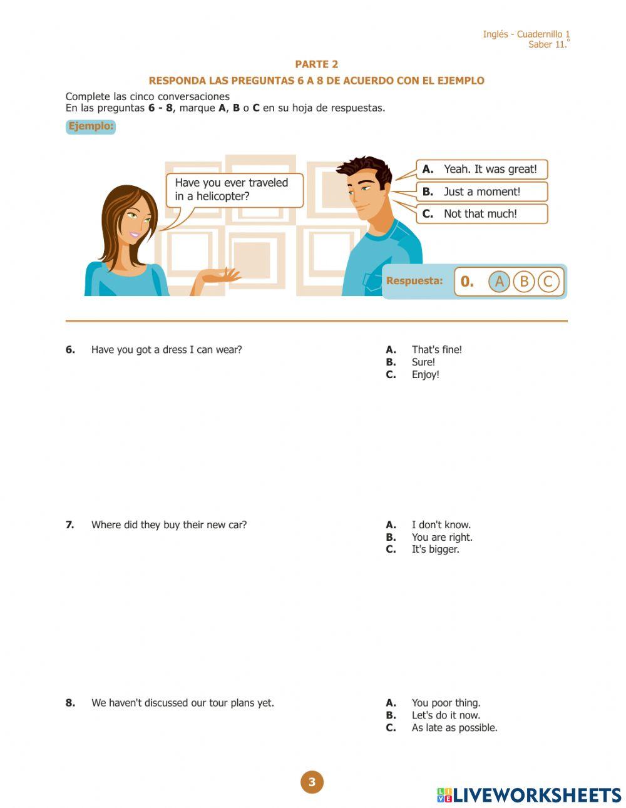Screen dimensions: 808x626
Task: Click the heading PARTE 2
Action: click(x=316, y=64)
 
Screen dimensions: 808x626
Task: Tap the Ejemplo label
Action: click(x=91, y=126)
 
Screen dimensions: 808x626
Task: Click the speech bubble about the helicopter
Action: click(x=233, y=190)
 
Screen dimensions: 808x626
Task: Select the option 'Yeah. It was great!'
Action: click(x=481, y=169)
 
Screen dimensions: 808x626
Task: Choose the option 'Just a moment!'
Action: click(x=481, y=192)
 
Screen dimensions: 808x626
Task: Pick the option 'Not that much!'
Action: click(x=481, y=213)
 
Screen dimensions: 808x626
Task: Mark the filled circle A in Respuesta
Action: click(x=499, y=282)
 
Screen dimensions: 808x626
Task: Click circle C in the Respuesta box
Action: click(x=548, y=282)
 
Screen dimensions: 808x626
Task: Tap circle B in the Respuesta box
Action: click(x=524, y=282)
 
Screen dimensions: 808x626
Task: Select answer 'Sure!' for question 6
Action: click(x=423, y=362)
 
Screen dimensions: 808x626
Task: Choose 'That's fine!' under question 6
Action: click(x=436, y=349)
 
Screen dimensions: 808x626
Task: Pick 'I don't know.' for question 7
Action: click(x=441, y=524)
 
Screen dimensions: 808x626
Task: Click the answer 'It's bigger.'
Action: click(x=435, y=549)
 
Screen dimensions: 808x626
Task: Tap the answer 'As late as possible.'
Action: click(x=454, y=727)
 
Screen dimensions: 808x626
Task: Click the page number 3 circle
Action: click(x=312, y=782)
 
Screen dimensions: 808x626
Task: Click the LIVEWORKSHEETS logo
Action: click(x=529, y=795)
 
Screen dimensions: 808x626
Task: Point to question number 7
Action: click(x=70, y=524)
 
